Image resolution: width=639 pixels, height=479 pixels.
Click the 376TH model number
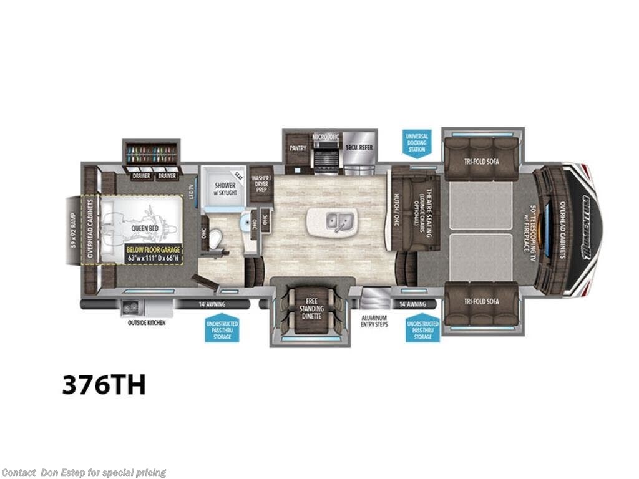pos(104,385)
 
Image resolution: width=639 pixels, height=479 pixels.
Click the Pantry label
pos(296,148)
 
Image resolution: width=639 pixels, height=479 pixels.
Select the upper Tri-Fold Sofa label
pos(482,160)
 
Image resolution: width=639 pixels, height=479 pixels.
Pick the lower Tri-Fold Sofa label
pos(482,301)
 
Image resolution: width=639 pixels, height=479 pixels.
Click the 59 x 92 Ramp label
pos(74,230)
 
